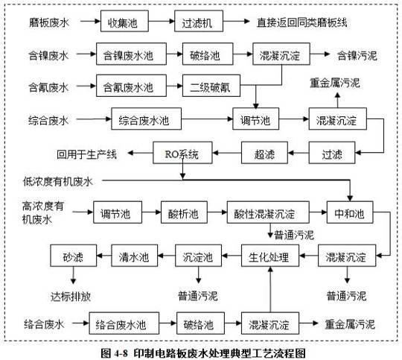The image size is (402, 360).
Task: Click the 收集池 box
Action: (124, 21)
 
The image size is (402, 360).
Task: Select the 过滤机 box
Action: (199, 21)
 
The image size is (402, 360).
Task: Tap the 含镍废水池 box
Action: (131, 54)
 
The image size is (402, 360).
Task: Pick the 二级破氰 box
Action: (211, 86)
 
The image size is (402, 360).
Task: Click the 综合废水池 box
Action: (146, 119)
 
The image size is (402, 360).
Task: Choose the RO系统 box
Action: (182, 153)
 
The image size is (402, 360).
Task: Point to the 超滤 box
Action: (264, 153)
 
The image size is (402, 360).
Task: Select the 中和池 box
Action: (350, 212)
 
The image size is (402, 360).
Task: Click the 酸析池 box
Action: (184, 212)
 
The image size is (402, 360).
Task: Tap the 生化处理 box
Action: (270, 256)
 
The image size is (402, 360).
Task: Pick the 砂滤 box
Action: (73, 256)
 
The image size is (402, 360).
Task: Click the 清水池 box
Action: (134, 256)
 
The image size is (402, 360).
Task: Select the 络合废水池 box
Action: (124, 323)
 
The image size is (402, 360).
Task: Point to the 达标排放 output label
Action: (71, 297)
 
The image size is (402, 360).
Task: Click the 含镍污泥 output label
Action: (357, 55)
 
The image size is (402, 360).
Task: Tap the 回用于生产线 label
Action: (86, 154)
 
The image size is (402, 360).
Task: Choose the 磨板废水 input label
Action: (49, 22)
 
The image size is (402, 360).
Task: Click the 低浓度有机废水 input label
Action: (57, 182)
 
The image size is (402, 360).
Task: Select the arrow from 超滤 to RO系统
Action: (227, 153)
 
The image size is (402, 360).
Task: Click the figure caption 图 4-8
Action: (114, 353)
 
